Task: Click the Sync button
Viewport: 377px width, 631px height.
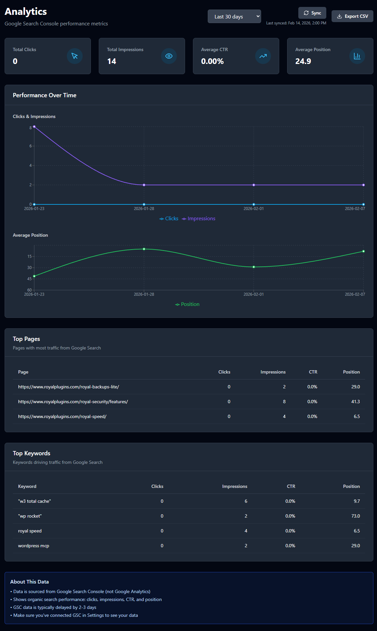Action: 312,13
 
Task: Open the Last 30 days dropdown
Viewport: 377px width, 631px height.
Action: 234,16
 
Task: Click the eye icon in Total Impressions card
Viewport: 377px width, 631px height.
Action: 169,56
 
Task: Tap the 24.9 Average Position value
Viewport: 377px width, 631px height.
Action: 303,61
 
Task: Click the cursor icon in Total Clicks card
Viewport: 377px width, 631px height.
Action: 75,56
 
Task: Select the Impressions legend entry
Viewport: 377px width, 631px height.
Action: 199,219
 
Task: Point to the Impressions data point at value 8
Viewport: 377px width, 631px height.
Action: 34,127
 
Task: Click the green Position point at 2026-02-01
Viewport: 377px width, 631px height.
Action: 254,267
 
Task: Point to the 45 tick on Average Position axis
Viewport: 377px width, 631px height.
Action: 30,279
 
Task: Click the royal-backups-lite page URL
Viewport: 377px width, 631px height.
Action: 68,387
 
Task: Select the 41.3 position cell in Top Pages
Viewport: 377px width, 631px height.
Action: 355,402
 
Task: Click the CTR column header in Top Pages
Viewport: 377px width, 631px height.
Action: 313,372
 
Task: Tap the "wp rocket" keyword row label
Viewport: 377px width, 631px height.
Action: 30,516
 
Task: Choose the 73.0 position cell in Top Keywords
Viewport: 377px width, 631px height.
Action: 355,516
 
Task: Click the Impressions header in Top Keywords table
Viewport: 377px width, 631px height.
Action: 234,486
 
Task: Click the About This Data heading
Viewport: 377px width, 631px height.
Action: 30,582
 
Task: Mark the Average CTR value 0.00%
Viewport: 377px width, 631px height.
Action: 212,61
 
